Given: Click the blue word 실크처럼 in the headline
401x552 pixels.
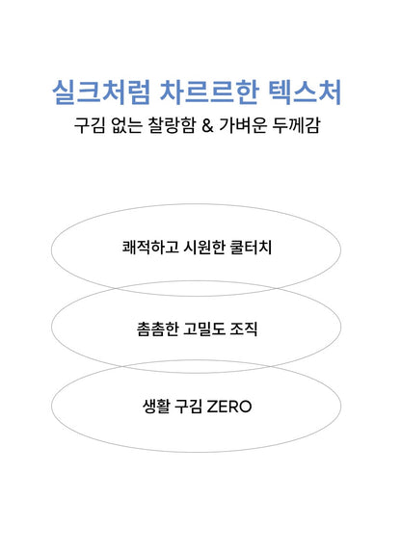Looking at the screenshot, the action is pos(101,92).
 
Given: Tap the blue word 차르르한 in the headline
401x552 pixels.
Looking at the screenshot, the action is pos(209,92).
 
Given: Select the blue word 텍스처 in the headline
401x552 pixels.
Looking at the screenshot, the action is pos(305,92).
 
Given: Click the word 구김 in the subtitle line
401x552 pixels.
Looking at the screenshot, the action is pos(90,125).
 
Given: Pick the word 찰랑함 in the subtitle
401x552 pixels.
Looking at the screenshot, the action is pos(172,125).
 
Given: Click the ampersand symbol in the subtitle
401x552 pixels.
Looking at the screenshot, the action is pos(207,125).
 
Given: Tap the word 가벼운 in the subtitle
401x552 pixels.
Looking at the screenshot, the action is pos(243,125).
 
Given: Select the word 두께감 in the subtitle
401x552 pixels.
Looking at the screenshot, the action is pos(296,125).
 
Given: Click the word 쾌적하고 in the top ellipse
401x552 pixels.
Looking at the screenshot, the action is pos(150,248).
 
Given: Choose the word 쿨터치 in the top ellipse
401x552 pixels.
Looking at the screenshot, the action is pos(251,248).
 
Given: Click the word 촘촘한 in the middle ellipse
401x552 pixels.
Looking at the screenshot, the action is pos(157,329).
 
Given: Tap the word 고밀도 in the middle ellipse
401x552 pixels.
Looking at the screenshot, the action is pos(204,329).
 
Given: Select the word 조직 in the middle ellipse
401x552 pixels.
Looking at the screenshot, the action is pos(244,329).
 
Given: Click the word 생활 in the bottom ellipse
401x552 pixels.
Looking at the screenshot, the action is pos(156,407).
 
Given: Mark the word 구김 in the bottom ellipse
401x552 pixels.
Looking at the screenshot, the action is pos(189,407).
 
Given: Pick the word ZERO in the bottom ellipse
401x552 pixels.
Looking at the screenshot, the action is pos(229,407).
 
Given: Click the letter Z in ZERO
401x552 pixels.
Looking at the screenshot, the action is pos(212,407).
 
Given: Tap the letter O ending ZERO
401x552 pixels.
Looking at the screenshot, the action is pos(245,407).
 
